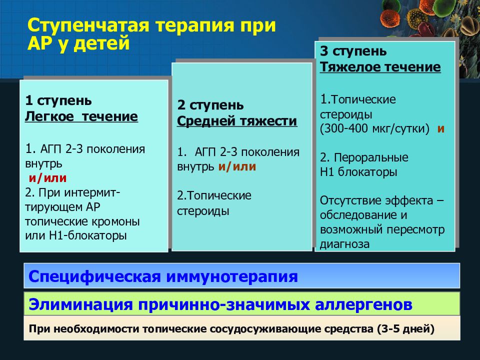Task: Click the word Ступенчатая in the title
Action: [x=88, y=25]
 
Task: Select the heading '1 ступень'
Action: [x=58, y=100]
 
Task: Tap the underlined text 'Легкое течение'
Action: [x=81, y=116]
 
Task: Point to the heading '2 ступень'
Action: [x=210, y=105]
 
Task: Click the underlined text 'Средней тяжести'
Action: [x=237, y=121]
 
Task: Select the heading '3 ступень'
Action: [x=353, y=51]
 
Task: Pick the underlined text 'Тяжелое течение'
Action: [x=380, y=67]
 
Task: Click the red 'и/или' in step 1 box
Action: [x=48, y=178]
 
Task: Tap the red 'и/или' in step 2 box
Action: [x=237, y=167]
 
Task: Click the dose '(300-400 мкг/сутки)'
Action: [x=374, y=128]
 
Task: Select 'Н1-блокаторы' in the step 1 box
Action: [x=87, y=235]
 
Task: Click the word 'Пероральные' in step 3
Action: [x=371, y=157]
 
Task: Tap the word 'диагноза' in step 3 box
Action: [x=344, y=244]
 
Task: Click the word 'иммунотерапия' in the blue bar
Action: [x=232, y=276]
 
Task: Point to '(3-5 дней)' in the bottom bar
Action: [x=405, y=329]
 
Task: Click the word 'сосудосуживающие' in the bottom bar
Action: [x=265, y=329]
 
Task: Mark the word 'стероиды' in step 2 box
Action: [x=203, y=211]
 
